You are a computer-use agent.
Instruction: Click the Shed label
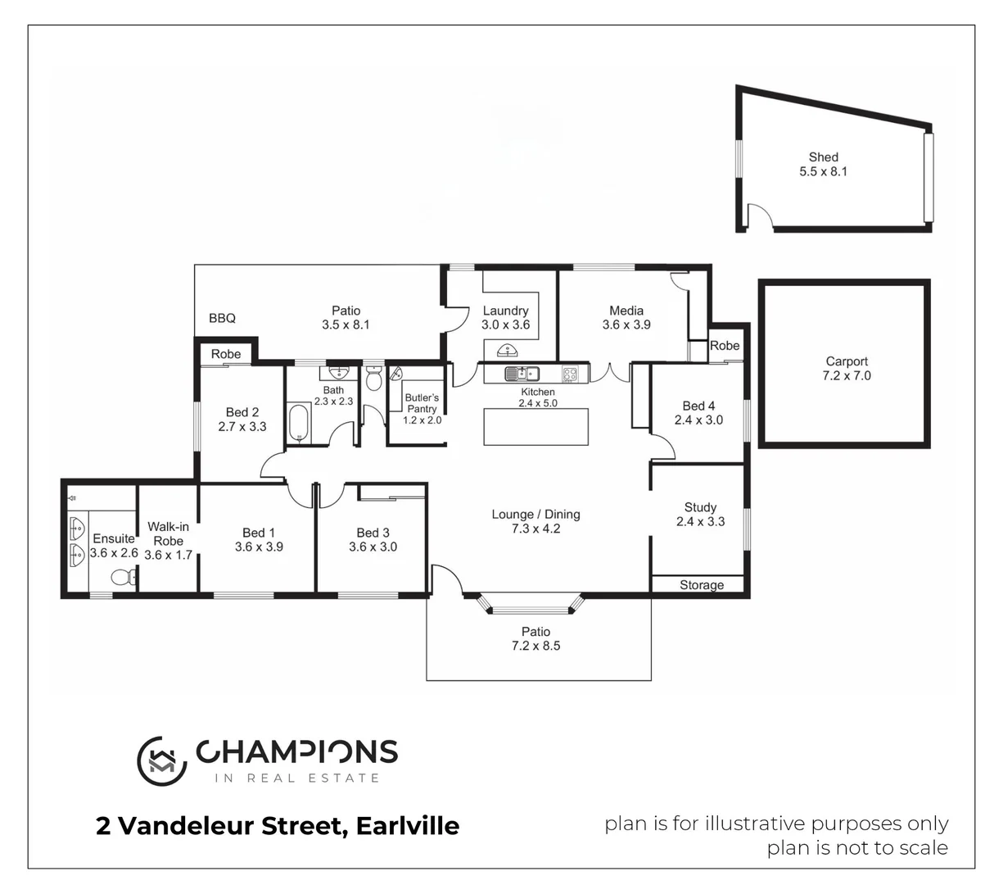(823, 157)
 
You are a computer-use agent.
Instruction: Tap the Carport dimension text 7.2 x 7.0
(847, 376)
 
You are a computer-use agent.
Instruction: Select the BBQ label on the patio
(222, 318)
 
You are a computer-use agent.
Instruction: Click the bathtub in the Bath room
(299, 422)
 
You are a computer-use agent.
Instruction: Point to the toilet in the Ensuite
(123, 577)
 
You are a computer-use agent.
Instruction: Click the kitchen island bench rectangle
(536, 426)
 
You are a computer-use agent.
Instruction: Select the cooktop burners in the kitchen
(570, 374)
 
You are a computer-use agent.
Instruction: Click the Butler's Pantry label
(422, 403)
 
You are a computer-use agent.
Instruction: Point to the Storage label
(702, 585)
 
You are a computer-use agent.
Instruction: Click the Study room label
(700, 507)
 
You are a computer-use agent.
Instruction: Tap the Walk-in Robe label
(168, 533)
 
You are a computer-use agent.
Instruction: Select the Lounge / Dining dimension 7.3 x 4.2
(535, 529)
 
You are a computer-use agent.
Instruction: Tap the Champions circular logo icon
(161, 760)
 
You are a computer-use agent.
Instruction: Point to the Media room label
(626, 311)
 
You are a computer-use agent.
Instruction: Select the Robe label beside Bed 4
(725, 346)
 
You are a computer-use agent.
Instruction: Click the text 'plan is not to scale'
(857, 847)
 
